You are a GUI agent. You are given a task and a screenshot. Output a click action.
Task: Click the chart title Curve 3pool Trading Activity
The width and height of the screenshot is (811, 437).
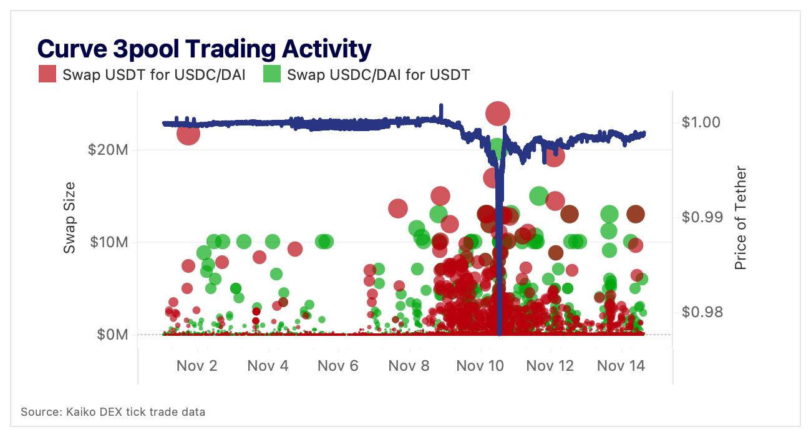(x=204, y=48)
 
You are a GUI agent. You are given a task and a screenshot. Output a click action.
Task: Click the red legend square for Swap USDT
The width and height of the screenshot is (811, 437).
(x=48, y=74)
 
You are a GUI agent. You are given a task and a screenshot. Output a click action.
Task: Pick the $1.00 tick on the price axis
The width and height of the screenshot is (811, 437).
(x=702, y=122)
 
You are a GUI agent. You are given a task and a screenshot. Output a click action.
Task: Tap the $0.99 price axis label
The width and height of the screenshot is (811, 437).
(x=702, y=217)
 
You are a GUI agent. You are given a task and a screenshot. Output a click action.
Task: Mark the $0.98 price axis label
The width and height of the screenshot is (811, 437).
(x=702, y=312)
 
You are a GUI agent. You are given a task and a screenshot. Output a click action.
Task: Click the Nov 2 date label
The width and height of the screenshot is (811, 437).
(x=197, y=366)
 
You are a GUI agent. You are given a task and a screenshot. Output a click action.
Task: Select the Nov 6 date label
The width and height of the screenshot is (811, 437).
(x=338, y=366)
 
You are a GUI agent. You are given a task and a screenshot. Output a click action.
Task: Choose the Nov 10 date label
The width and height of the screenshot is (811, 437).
(x=479, y=366)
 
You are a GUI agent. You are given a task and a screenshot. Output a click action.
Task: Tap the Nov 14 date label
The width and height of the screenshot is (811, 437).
(x=620, y=366)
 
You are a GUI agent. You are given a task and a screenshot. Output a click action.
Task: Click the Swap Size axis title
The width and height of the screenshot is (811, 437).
(x=70, y=217)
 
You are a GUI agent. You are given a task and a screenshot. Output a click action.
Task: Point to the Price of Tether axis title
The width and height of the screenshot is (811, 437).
(x=741, y=217)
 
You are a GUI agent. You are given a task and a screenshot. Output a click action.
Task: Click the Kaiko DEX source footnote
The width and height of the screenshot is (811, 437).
(x=113, y=412)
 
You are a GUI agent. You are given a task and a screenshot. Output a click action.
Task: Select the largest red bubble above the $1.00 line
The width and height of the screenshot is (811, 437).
(x=498, y=114)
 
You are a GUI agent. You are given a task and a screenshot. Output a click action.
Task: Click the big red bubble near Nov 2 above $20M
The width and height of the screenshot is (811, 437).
(x=188, y=134)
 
